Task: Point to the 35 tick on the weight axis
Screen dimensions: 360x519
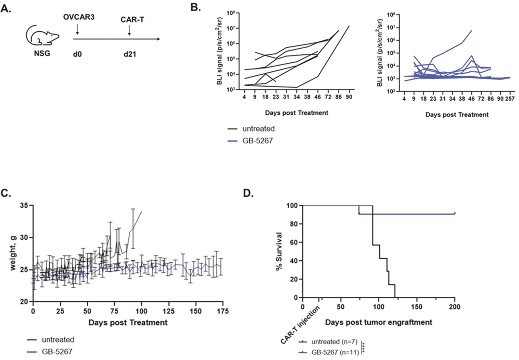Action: (24, 206)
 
